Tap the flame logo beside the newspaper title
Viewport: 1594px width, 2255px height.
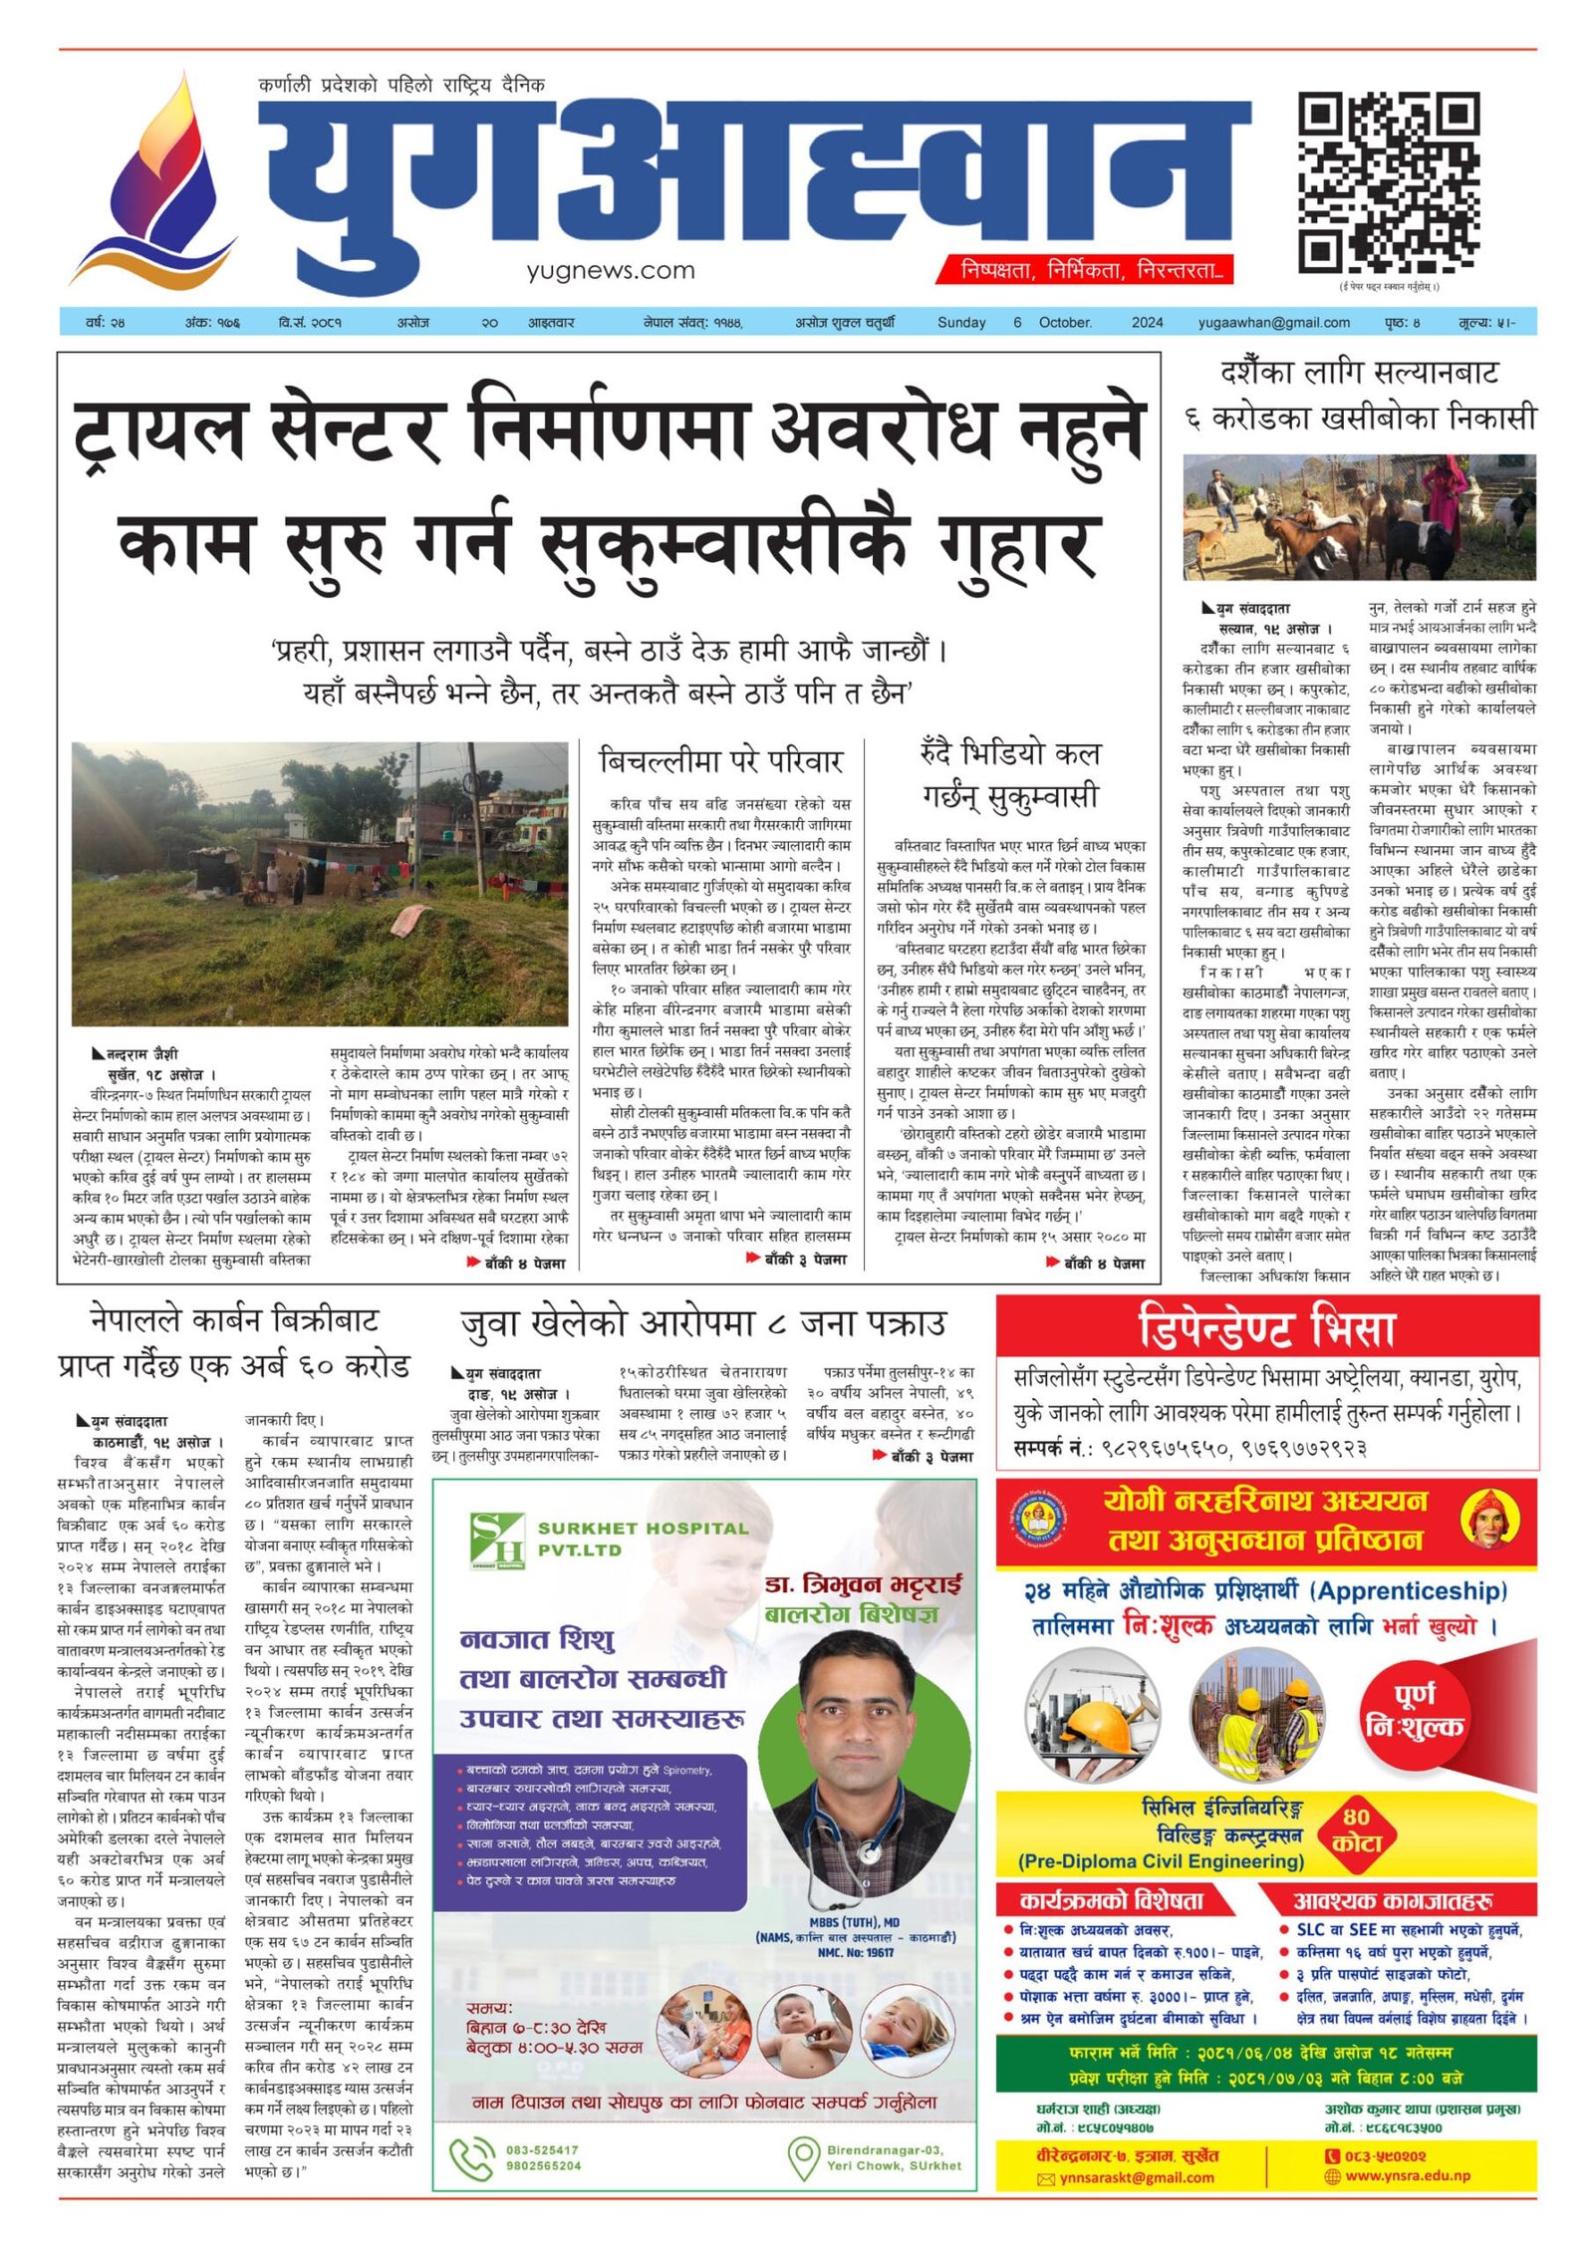pos(154,184)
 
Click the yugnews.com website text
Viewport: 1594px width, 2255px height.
pos(611,270)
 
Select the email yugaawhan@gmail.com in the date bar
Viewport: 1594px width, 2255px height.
pos(1273,323)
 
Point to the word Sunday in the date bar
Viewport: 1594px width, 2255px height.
pos(961,323)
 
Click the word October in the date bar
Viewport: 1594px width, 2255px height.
pos(1065,323)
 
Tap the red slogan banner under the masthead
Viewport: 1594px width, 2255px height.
pos(1085,270)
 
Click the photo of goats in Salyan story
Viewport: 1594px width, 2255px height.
pos(1359,517)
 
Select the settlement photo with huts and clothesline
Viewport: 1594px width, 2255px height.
pos(320,884)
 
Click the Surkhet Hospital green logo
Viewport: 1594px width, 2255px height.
pos(496,1540)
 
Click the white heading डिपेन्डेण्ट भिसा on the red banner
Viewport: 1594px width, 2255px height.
pos(1267,1329)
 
